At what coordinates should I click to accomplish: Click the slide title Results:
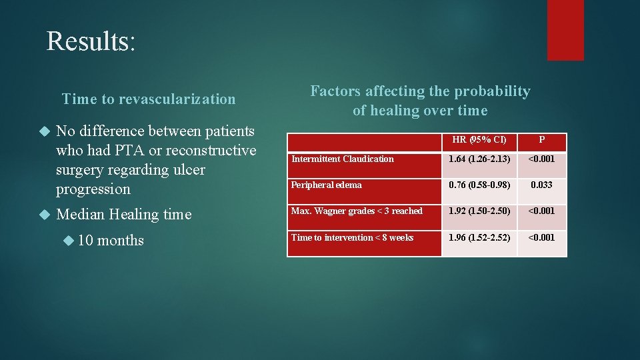pos(91,41)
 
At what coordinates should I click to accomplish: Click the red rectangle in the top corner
pos(565,30)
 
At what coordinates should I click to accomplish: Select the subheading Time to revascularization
pos(149,99)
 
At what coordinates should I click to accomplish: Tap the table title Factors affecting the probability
pos(420,91)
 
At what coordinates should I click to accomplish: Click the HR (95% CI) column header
pos(479,140)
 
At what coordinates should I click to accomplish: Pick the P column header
pos(541,140)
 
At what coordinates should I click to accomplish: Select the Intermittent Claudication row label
pos(343,159)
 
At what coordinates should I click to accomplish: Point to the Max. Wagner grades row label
pos(357,211)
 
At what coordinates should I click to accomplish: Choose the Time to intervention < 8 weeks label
pos(352,237)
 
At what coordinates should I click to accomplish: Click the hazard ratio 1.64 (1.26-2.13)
pos(479,159)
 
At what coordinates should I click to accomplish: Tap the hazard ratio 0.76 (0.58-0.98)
pos(479,185)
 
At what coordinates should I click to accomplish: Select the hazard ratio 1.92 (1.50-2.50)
pos(479,211)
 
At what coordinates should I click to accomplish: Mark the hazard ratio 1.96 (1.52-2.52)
pos(479,237)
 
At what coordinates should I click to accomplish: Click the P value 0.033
pos(541,185)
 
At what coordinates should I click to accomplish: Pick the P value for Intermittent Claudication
pos(541,159)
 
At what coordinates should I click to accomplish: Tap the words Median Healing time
pos(124,214)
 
